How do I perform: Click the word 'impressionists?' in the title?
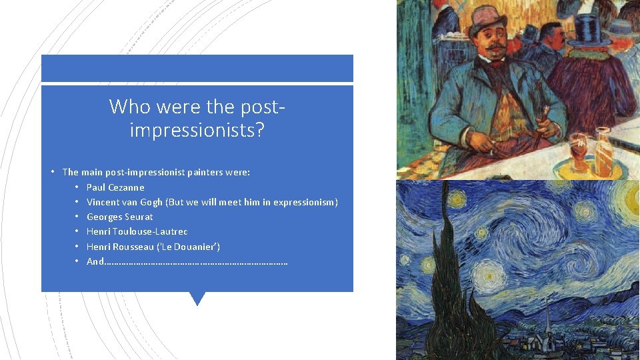tap(197, 129)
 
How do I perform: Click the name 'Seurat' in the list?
tap(139, 217)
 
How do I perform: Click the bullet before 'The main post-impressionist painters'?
tap(52, 172)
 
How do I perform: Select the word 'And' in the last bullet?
tap(95, 261)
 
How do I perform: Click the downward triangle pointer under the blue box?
tap(197, 298)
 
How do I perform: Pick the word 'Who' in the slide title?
tap(125, 106)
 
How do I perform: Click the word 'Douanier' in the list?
tap(193, 247)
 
